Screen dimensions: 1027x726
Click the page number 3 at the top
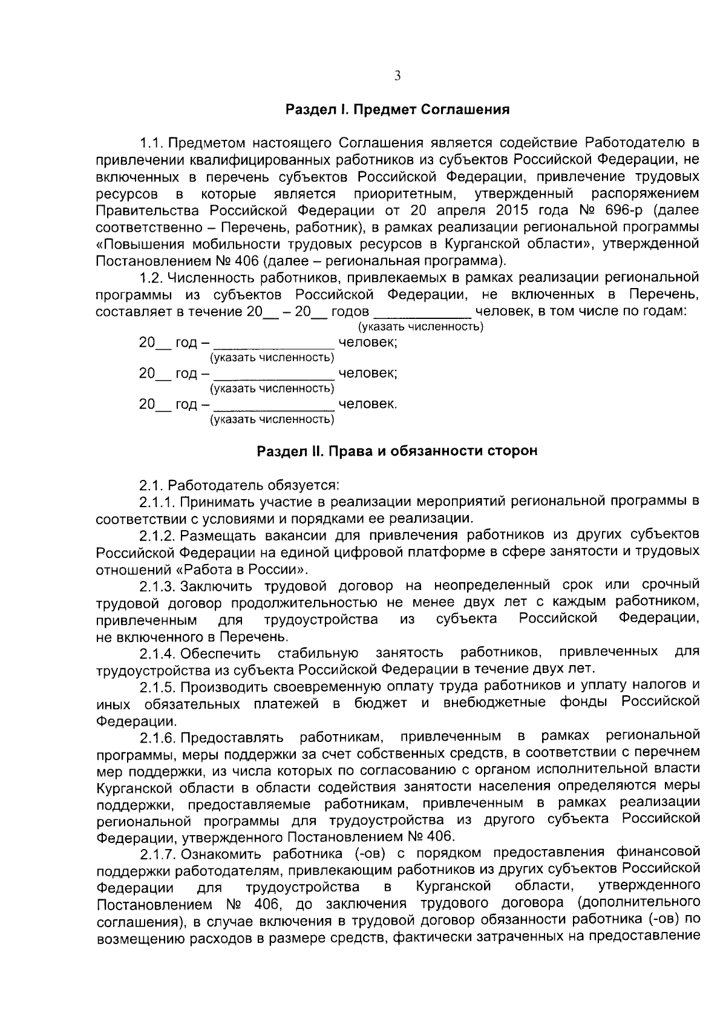pyautogui.click(x=397, y=76)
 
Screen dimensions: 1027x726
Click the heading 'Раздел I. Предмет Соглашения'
pyautogui.click(x=397, y=110)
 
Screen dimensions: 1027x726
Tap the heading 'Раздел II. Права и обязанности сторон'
pyautogui.click(x=397, y=451)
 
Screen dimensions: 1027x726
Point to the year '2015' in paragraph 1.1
pyautogui.click(x=514, y=211)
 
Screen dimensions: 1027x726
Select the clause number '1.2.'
pyautogui.click(x=151, y=278)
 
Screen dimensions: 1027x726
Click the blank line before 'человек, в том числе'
pyautogui.click(x=422, y=312)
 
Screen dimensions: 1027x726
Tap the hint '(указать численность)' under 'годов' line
pyautogui.click(x=421, y=327)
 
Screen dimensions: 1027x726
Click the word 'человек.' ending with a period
pyautogui.click(x=368, y=404)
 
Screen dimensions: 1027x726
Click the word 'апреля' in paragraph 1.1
pyautogui.click(x=464, y=211)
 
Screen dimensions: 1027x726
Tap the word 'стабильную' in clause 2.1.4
pyautogui.click(x=318, y=653)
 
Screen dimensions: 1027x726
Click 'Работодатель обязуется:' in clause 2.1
pyautogui.click(x=254, y=485)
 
